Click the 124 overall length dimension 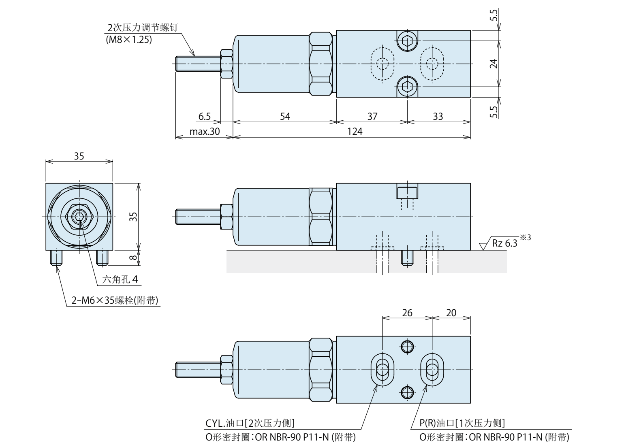[x=355, y=132]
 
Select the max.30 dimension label [x=204, y=132]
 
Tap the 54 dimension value [x=285, y=117]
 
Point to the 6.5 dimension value [x=205, y=117]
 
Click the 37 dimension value [x=372, y=117]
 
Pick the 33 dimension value [x=438, y=117]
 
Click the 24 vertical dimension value [x=493, y=64]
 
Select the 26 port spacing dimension [x=407, y=313]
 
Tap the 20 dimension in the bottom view [x=451, y=313]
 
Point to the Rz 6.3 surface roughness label [x=505, y=244]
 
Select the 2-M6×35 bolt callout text [x=115, y=300]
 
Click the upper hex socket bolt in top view [x=406, y=40]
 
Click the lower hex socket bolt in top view [x=406, y=86]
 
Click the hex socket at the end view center [x=79, y=217]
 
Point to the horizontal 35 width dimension [x=79, y=156]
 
